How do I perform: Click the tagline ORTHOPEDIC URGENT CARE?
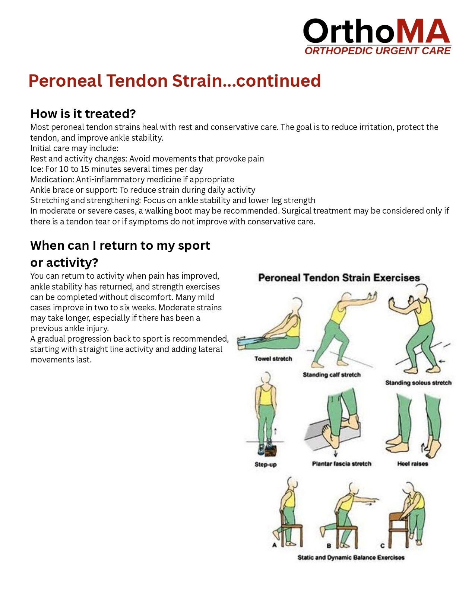click(x=377, y=51)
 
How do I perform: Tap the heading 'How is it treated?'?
click(x=83, y=114)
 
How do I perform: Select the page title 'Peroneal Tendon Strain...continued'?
click(x=175, y=81)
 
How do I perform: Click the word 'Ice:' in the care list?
click(x=37, y=169)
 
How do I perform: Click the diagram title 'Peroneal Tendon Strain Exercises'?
click(x=339, y=278)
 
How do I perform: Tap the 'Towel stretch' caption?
click(x=273, y=359)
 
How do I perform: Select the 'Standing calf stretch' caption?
click(x=332, y=375)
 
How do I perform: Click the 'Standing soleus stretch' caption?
click(x=418, y=383)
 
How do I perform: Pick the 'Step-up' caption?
click(x=265, y=465)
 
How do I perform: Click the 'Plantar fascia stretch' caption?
click(x=342, y=464)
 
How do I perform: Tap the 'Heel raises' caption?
click(x=412, y=464)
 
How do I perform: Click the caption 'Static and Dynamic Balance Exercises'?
click(x=351, y=557)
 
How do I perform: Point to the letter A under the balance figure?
click(x=274, y=545)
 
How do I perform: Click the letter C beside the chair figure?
click(x=382, y=546)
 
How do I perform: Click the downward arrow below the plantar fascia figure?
click(x=335, y=453)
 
